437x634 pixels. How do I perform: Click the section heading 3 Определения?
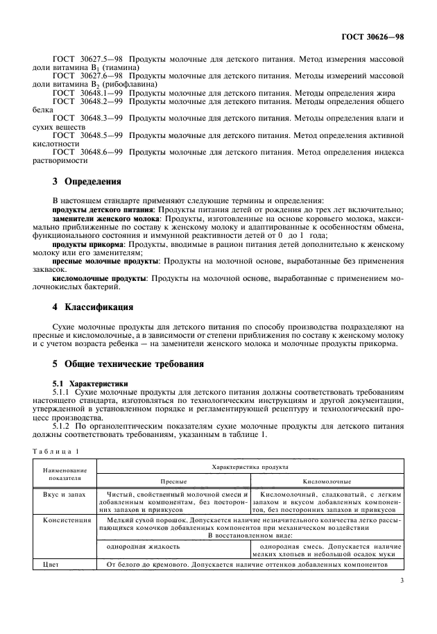click(87, 182)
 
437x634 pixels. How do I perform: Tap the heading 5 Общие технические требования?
click(130, 364)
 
